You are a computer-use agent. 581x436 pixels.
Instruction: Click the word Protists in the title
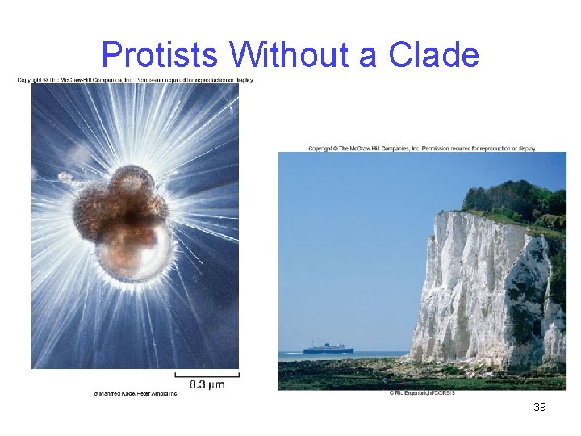[160, 56]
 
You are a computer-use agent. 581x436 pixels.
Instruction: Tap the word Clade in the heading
[433, 56]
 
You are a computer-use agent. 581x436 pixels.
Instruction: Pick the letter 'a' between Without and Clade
[368, 57]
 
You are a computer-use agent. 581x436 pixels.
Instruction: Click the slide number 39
[540, 407]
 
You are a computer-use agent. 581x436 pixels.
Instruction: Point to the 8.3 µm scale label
[207, 385]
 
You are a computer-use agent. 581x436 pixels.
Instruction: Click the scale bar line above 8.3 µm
[207, 374]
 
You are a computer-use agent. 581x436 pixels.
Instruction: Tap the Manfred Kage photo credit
[136, 393]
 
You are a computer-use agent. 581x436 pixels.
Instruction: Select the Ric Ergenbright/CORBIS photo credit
[422, 393]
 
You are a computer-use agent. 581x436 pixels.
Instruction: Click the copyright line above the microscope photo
[136, 80]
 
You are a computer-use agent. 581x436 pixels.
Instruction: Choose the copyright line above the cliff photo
[422, 149]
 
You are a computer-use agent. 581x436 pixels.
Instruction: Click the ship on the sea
[328, 348]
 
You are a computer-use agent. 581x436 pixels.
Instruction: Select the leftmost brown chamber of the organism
[90, 210]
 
